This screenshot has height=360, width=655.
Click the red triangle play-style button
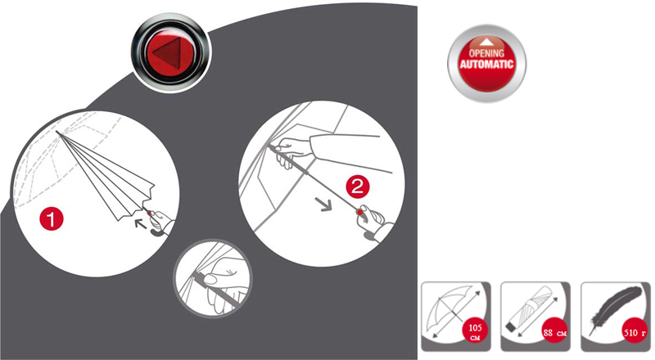point(171,53)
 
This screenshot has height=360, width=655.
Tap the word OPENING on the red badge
point(486,53)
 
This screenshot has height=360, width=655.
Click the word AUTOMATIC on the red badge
point(486,65)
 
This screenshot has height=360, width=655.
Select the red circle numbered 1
point(52,218)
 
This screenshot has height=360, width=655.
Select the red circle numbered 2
point(358,187)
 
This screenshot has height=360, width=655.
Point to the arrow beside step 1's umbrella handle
point(140,224)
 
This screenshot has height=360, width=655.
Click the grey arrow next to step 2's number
point(323,204)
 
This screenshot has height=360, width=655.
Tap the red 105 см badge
point(475,332)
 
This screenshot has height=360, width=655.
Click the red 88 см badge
point(555,332)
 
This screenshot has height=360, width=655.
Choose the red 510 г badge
point(635,332)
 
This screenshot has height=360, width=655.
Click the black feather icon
point(614,309)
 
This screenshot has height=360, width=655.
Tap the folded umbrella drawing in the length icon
point(529,309)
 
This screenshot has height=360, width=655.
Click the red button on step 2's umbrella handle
point(359,212)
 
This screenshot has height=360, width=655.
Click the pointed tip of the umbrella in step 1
point(56,133)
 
